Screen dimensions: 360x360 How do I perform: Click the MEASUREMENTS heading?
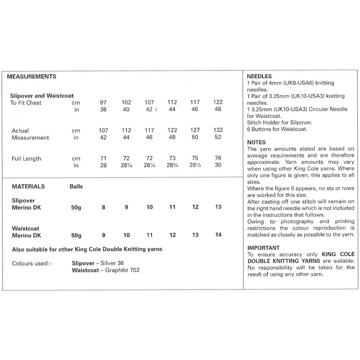31,76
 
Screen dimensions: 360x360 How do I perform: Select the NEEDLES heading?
259,76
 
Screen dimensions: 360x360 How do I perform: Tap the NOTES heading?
257,142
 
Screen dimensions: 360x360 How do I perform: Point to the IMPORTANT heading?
264,248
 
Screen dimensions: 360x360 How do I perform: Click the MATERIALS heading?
26,185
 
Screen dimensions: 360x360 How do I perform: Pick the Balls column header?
76,185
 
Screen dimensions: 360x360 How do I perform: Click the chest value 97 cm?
103,103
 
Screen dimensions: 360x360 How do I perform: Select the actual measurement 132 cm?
218,130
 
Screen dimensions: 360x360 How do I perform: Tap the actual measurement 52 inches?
218,138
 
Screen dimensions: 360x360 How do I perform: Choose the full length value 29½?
195,166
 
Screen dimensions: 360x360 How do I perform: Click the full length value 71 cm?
103,158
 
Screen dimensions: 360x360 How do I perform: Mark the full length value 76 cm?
218,158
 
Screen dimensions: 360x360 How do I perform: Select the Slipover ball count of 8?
103,207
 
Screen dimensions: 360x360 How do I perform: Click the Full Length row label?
26,158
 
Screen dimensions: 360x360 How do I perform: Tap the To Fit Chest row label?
26,103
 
